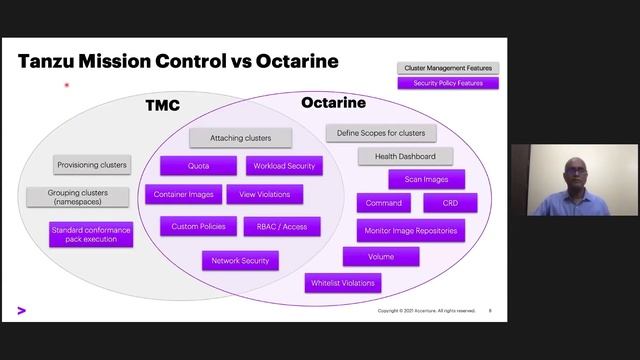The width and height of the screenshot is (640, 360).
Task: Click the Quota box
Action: (198, 165)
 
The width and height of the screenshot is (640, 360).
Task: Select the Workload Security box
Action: (285, 165)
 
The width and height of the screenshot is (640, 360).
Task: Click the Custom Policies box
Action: (198, 226)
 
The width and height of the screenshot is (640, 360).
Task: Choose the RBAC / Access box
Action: (282, 226)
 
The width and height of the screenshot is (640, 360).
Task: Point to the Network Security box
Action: (239, 260)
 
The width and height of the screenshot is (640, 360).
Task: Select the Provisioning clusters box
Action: (92, 165)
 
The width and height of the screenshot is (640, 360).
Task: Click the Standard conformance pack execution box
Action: (91, 235)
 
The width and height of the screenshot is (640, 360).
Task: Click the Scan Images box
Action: (426, 179)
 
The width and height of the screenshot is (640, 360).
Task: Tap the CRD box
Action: (449, 203)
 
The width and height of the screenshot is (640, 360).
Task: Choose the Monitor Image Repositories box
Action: (410, 230)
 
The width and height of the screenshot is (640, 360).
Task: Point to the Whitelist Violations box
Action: (342, 283)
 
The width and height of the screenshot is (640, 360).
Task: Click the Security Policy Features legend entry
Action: (447, 83)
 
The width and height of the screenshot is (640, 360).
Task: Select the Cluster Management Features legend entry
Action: (447, 68)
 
